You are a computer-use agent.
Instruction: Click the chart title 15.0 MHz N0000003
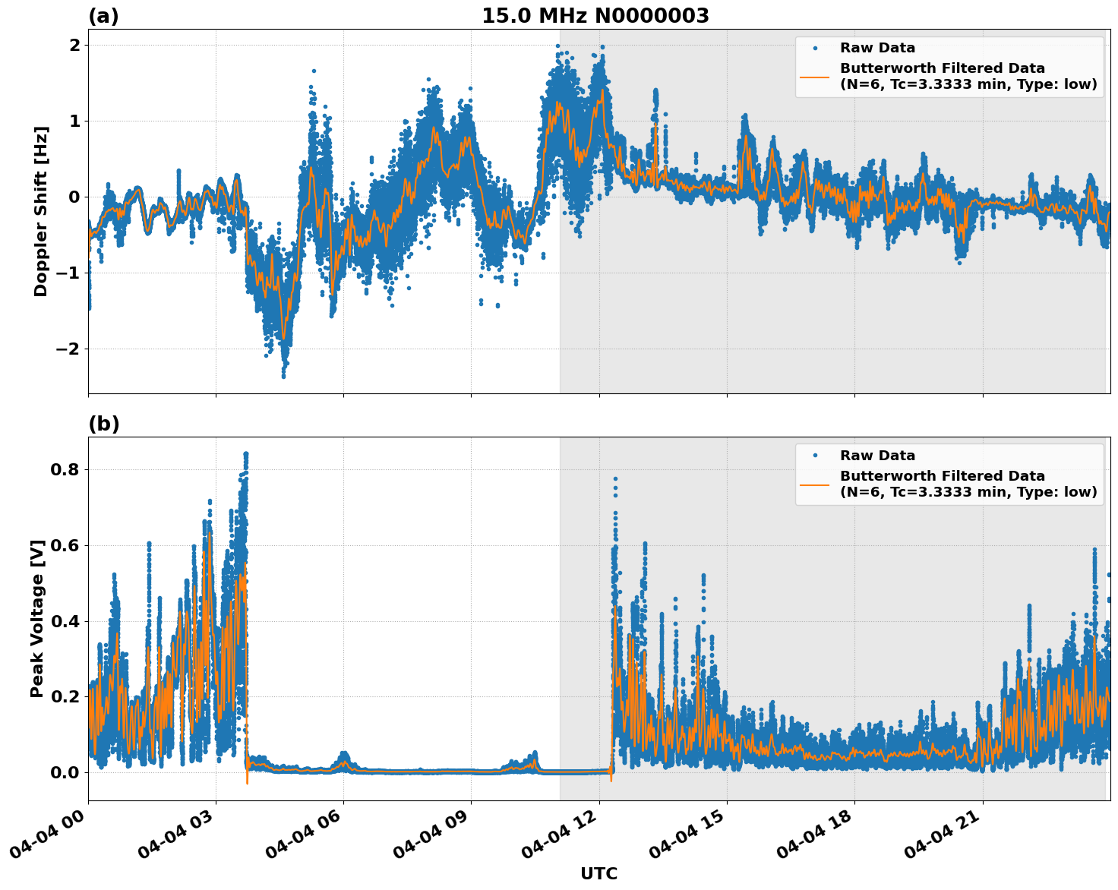tap(595, 16)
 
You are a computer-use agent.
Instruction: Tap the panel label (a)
tap(103, 16)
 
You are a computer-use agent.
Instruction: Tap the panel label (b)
tap(104, 424)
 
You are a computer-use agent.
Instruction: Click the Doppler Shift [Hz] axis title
tap(41, 211)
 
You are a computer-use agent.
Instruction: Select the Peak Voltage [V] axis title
tap(37, 618)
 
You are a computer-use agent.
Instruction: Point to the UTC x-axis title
tap(598, 874)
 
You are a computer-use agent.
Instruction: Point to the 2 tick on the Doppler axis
tap(74, 45)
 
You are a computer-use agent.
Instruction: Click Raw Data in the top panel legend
tap(877, 48)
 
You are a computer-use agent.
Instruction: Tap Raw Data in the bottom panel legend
tap(877, 456)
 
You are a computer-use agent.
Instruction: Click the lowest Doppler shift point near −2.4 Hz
tap(283, 376)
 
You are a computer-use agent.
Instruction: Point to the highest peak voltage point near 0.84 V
tap(245, 453)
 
